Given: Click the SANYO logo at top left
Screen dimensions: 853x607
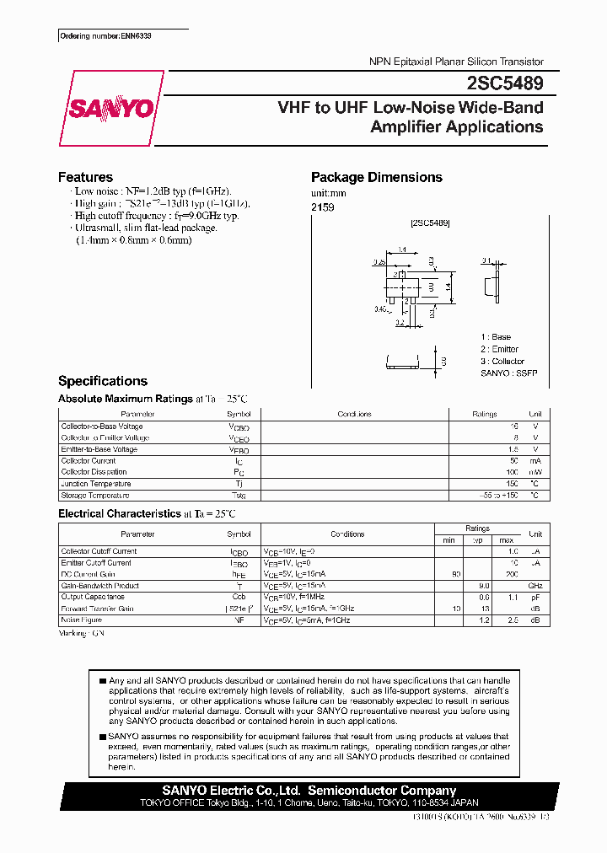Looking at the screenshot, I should pos(110,109).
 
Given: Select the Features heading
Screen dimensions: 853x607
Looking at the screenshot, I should pos(85,177).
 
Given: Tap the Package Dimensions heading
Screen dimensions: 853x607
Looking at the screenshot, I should pos(376,177).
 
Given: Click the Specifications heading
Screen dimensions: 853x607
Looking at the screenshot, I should pos(102,381).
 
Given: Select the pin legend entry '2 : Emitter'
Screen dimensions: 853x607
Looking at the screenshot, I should pos(499,349).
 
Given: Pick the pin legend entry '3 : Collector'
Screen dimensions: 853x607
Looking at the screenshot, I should pos(502,361).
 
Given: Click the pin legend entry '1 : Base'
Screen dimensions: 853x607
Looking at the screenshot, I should pos(496,337).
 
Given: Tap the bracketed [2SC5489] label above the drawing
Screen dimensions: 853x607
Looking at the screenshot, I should pos(430,223).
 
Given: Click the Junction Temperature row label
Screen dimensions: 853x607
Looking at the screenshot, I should pos(95,484).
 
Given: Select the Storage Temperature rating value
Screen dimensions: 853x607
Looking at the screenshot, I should pos(497,496).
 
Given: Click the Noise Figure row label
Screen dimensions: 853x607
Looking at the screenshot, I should pos(82,620).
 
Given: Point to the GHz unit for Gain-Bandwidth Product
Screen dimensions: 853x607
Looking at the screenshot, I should pos(534,586).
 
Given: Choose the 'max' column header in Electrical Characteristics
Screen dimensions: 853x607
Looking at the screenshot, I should pos(506,539).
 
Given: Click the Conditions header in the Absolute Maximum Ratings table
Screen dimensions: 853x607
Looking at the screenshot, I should pos(354,415).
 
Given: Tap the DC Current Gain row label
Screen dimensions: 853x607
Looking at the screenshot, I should pos(89,574).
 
